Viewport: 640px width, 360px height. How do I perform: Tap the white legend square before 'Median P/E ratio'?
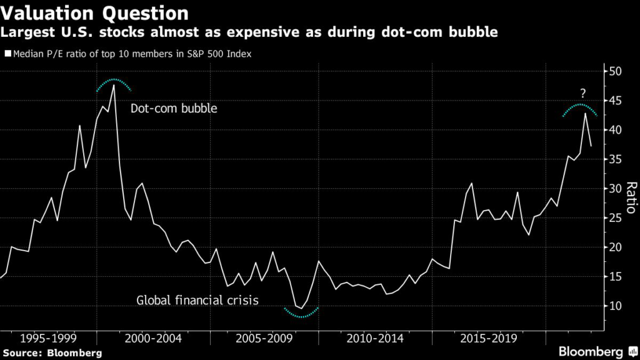[x=7, y=54]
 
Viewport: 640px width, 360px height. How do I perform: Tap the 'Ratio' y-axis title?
[x=631, y=198]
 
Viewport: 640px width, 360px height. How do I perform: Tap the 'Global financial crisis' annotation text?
[x=197, y=301]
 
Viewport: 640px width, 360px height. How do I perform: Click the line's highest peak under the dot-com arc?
[x=113, y=85]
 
